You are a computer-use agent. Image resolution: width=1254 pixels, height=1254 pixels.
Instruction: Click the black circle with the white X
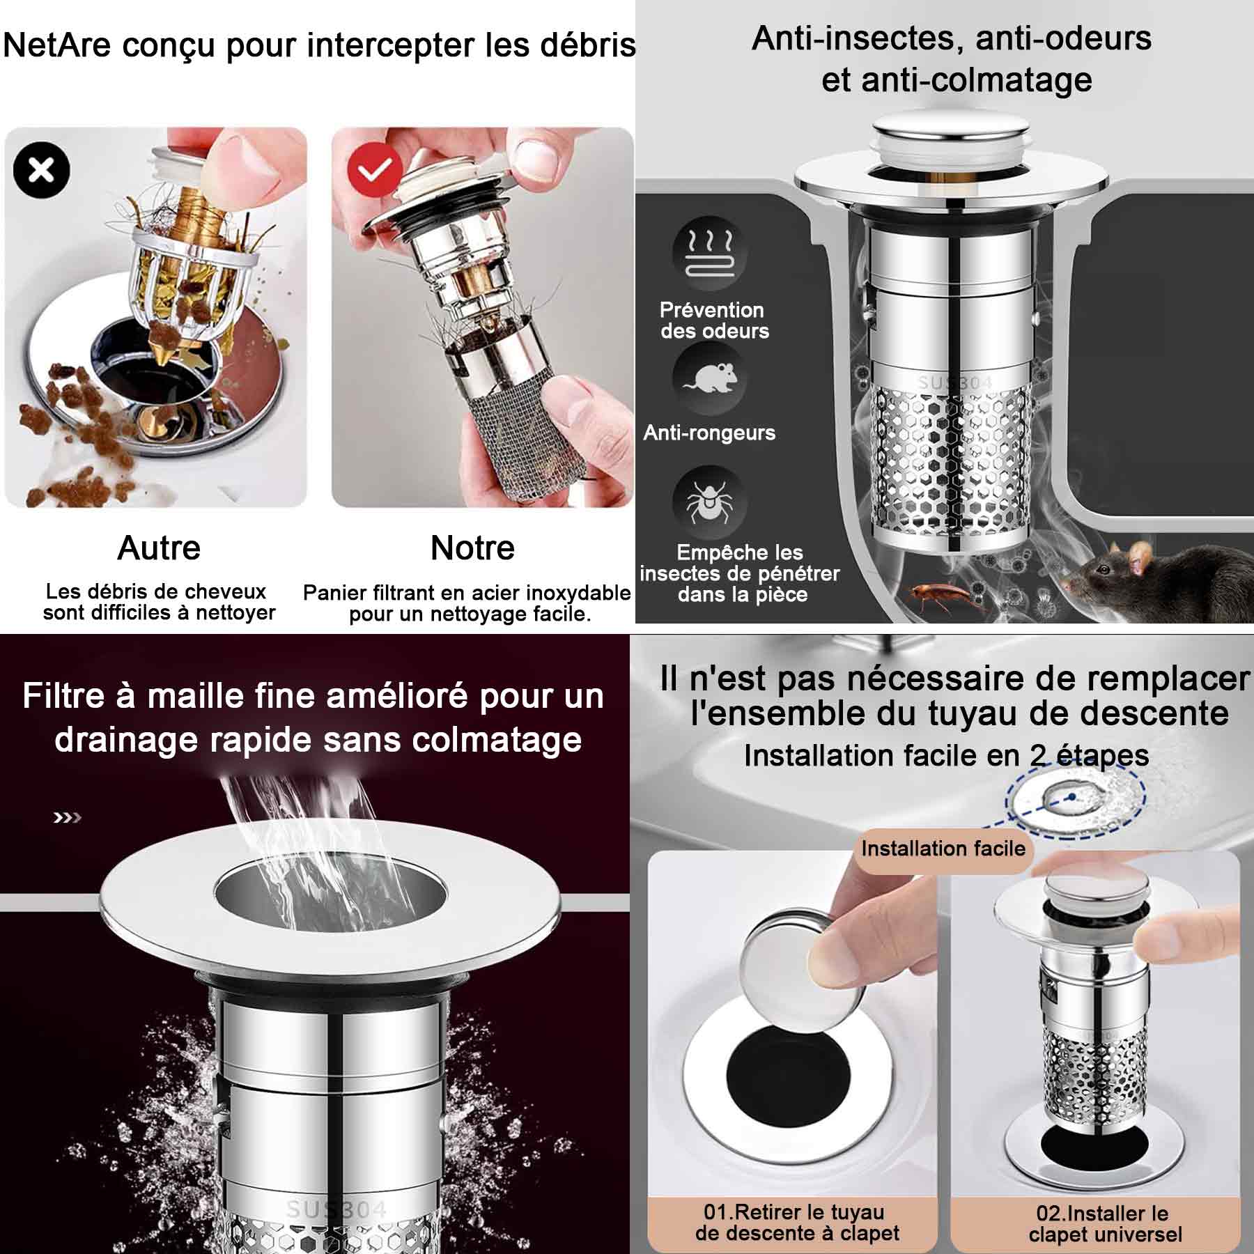42,170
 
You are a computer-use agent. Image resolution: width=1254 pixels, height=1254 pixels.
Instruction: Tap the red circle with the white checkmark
376,170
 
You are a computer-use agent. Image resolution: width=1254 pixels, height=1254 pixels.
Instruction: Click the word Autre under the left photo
159,548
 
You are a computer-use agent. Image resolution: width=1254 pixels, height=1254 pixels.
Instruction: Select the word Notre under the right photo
472,548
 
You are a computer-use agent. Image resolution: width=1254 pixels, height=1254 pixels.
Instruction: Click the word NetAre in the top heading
57,46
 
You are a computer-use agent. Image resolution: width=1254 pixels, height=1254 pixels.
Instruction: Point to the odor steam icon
709,253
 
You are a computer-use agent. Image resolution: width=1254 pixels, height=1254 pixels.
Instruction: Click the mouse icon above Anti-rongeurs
709,378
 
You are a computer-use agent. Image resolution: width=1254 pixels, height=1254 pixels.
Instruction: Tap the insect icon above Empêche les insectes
709,502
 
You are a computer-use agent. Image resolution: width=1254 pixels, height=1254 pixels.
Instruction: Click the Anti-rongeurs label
709,433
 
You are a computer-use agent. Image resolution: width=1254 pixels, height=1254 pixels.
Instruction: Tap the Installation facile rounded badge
943,849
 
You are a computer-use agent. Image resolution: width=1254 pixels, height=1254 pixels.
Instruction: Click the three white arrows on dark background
68,817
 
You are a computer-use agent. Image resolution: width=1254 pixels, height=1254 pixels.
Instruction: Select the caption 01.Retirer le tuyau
794,1212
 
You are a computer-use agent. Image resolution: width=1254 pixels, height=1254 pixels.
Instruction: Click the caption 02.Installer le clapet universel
1105,1223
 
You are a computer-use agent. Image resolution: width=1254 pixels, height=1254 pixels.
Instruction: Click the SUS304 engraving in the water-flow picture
336,1209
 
